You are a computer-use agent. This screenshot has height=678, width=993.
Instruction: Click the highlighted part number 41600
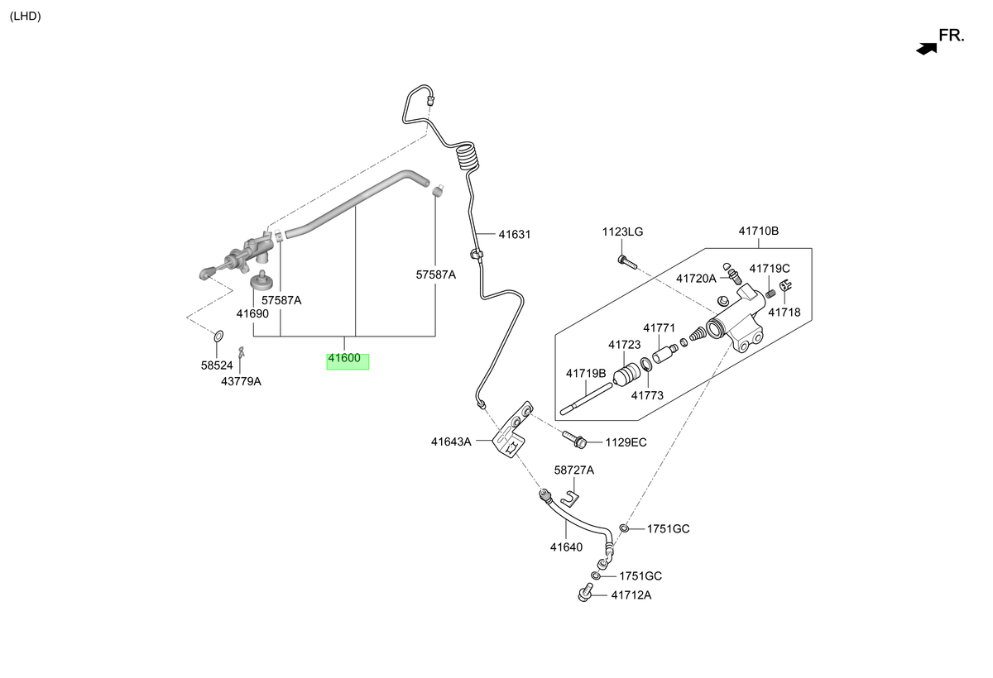[344, 358]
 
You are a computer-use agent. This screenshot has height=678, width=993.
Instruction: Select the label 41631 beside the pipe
[514, 235]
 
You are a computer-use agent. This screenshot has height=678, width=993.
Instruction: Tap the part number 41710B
[759, 232]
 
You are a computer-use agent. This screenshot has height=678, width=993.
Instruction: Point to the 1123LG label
[622, 232]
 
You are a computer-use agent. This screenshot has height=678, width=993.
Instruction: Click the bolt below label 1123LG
[627, 262]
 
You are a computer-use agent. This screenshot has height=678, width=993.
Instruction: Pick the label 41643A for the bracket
[451, 442]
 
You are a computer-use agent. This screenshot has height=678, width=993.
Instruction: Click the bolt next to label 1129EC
[574, 439]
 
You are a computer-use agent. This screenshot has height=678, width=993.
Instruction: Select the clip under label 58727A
[570, 499]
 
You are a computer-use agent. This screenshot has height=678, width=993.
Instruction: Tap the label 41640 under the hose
[566, 547]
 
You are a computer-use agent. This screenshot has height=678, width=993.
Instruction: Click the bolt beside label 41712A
[585, 592]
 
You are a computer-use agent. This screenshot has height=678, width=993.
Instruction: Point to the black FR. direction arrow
[927, 49]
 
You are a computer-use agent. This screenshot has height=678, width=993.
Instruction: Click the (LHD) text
[26, 17]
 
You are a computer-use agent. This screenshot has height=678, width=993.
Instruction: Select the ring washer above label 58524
[218, 337]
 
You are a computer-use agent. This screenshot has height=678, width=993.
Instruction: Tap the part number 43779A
[241, 382]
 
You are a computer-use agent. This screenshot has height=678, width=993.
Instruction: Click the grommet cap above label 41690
[262, 279]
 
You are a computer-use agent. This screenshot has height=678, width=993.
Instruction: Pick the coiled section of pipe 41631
[468, 156]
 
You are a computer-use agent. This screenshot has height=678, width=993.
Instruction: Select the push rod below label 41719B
[586, 399]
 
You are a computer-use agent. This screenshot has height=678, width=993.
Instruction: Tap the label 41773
[647, 396]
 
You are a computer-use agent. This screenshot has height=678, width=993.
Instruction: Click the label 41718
[784, 313]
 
